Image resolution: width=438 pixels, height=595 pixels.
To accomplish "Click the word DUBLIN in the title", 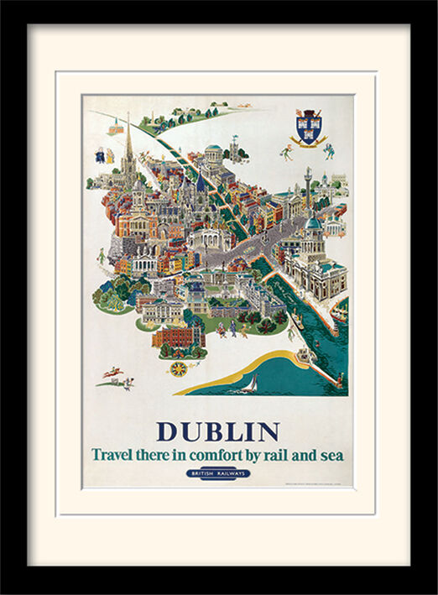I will coord(218,431).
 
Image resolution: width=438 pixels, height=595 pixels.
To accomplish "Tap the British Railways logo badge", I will coord(218,473).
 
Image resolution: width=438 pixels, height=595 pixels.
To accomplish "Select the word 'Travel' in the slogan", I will coord(113,455).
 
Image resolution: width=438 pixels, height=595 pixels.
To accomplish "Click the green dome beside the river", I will coord(314,222).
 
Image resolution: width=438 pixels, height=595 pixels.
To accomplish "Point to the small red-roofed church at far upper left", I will coord(116,128).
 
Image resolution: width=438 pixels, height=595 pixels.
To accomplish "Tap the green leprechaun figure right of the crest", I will coord(330,151).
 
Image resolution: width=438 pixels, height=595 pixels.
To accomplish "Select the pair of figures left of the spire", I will coord(105,155).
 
